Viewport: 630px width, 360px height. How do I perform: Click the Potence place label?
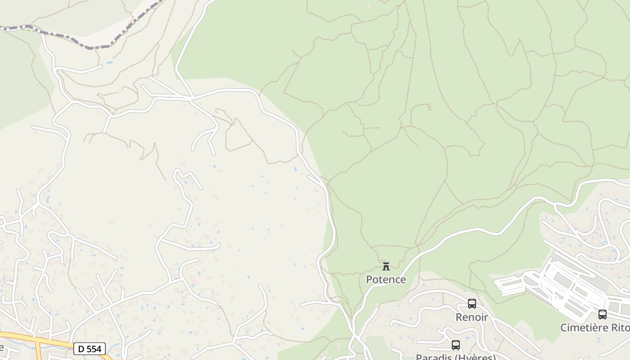(386, 279)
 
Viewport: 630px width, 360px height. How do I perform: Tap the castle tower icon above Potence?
(386, 266)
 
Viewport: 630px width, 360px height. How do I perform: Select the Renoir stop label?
(472, 317)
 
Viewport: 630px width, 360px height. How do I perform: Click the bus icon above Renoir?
(472, 304)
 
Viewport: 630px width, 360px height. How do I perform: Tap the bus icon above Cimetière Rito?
(602, 315)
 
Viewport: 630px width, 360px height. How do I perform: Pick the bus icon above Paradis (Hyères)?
(455, 345)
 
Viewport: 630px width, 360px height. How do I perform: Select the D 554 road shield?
(89, 349)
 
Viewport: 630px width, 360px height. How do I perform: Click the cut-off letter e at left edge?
(2, 347)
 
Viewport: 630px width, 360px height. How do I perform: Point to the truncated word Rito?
(621, 328)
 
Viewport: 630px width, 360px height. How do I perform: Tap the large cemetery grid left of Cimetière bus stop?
(567, 288)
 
